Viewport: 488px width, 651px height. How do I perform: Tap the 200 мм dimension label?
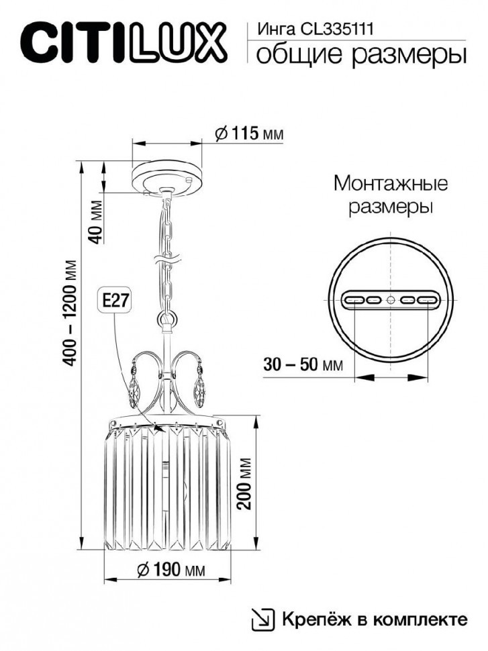pyautogui.click(x=246, y=484)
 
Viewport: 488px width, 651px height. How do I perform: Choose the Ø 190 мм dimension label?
pyautogui.click(x=170, y=570)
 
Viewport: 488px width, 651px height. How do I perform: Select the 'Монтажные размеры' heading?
pyautogui.click(x=390, y=195)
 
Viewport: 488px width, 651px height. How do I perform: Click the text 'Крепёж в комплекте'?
pyautogui.click(x=374, y=618)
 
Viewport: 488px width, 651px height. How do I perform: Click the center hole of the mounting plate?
pyautogui.click(x=391, y=300)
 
